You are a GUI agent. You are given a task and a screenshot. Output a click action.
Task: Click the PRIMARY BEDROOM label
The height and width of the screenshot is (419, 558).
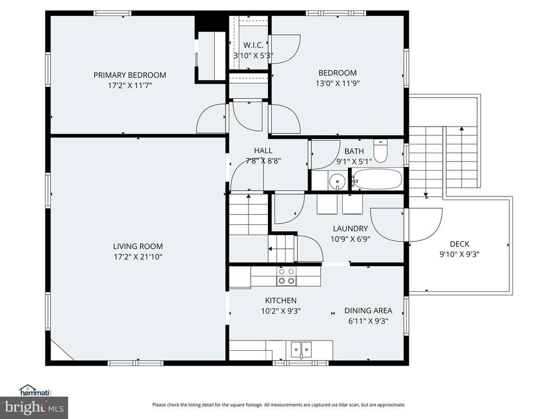[x=130, y=75]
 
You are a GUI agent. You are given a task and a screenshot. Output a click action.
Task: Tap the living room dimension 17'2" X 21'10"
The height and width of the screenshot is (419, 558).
[x=138, y=257]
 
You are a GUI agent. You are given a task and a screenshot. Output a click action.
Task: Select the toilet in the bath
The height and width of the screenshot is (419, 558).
[x=380, y=151]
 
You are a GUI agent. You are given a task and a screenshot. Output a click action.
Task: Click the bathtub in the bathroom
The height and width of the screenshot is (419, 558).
[x=377, y=179]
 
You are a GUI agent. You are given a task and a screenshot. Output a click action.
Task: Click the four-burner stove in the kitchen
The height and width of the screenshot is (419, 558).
[x=287, y=276]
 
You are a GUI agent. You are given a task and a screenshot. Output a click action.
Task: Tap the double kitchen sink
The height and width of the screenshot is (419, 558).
[x=301, y=350]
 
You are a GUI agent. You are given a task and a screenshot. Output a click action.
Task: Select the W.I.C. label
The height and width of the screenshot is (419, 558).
[x=253, y=45]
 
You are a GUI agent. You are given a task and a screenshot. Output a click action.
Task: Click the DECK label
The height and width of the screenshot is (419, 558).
[x=459, y=244]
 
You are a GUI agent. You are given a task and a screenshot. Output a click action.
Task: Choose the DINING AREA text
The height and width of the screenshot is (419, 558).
[x=368, y=310]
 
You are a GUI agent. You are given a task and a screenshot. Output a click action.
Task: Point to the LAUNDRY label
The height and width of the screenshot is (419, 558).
[x=350, y=229]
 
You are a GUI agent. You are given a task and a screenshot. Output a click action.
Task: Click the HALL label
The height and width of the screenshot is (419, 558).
[x=263, y=151]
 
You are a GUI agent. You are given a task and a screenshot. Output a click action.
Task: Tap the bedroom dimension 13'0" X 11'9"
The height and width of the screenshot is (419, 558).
[x=338, y=83]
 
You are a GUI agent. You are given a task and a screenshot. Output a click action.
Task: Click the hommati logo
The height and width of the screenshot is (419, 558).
[x=35, y=391]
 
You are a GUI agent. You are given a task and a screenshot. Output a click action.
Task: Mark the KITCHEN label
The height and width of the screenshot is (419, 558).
[x=281, y=301]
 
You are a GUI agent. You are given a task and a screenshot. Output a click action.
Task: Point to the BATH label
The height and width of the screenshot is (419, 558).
[x=354, y=151]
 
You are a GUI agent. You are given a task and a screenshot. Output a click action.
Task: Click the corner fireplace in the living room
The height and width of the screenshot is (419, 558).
[x=60, y=350]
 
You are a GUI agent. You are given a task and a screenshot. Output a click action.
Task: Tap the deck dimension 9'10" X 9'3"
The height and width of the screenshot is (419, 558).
[x=459, y=254]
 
